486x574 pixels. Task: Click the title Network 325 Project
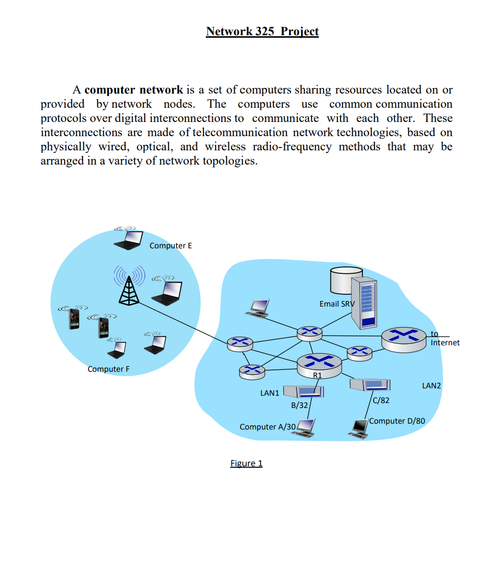click(x=262, y=31)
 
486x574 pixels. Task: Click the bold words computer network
click(x=133, y=90)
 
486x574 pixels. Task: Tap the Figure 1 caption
click(x=246, y=463)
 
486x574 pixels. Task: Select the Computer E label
click(x=170, y=246)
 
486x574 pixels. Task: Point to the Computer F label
click(x=108, y=369)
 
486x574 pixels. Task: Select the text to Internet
click(x=445, y=338)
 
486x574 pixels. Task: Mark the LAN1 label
click(x=269, y=393)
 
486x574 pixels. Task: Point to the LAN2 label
click(x=431, y=386)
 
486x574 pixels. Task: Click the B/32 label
click(x=299, y=406)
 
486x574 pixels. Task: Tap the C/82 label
click(x=381, y=401)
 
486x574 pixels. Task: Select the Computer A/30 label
click(x=267, y=427)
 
